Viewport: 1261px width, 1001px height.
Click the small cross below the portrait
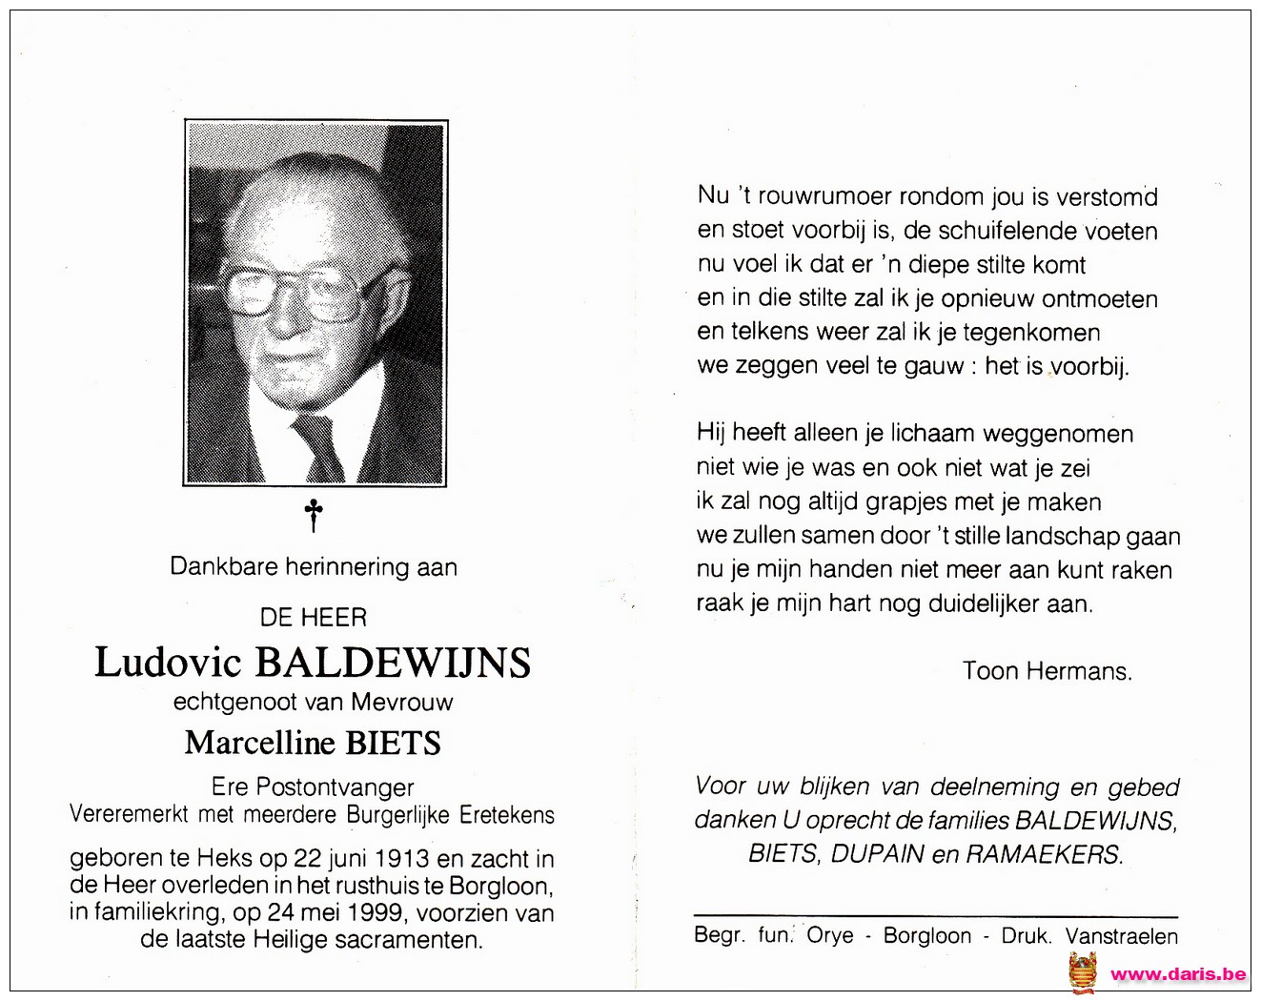pos(314,516)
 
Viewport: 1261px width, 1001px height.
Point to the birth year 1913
pos(400,859)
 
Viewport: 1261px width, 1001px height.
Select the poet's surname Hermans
pos(1086,671)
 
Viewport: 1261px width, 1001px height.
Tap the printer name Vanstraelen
pos(1122,936)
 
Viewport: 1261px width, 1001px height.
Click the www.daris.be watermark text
pos(1178,973)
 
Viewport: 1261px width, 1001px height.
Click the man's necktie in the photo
pos(318,446)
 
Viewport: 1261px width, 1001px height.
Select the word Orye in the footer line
pos(830,936)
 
